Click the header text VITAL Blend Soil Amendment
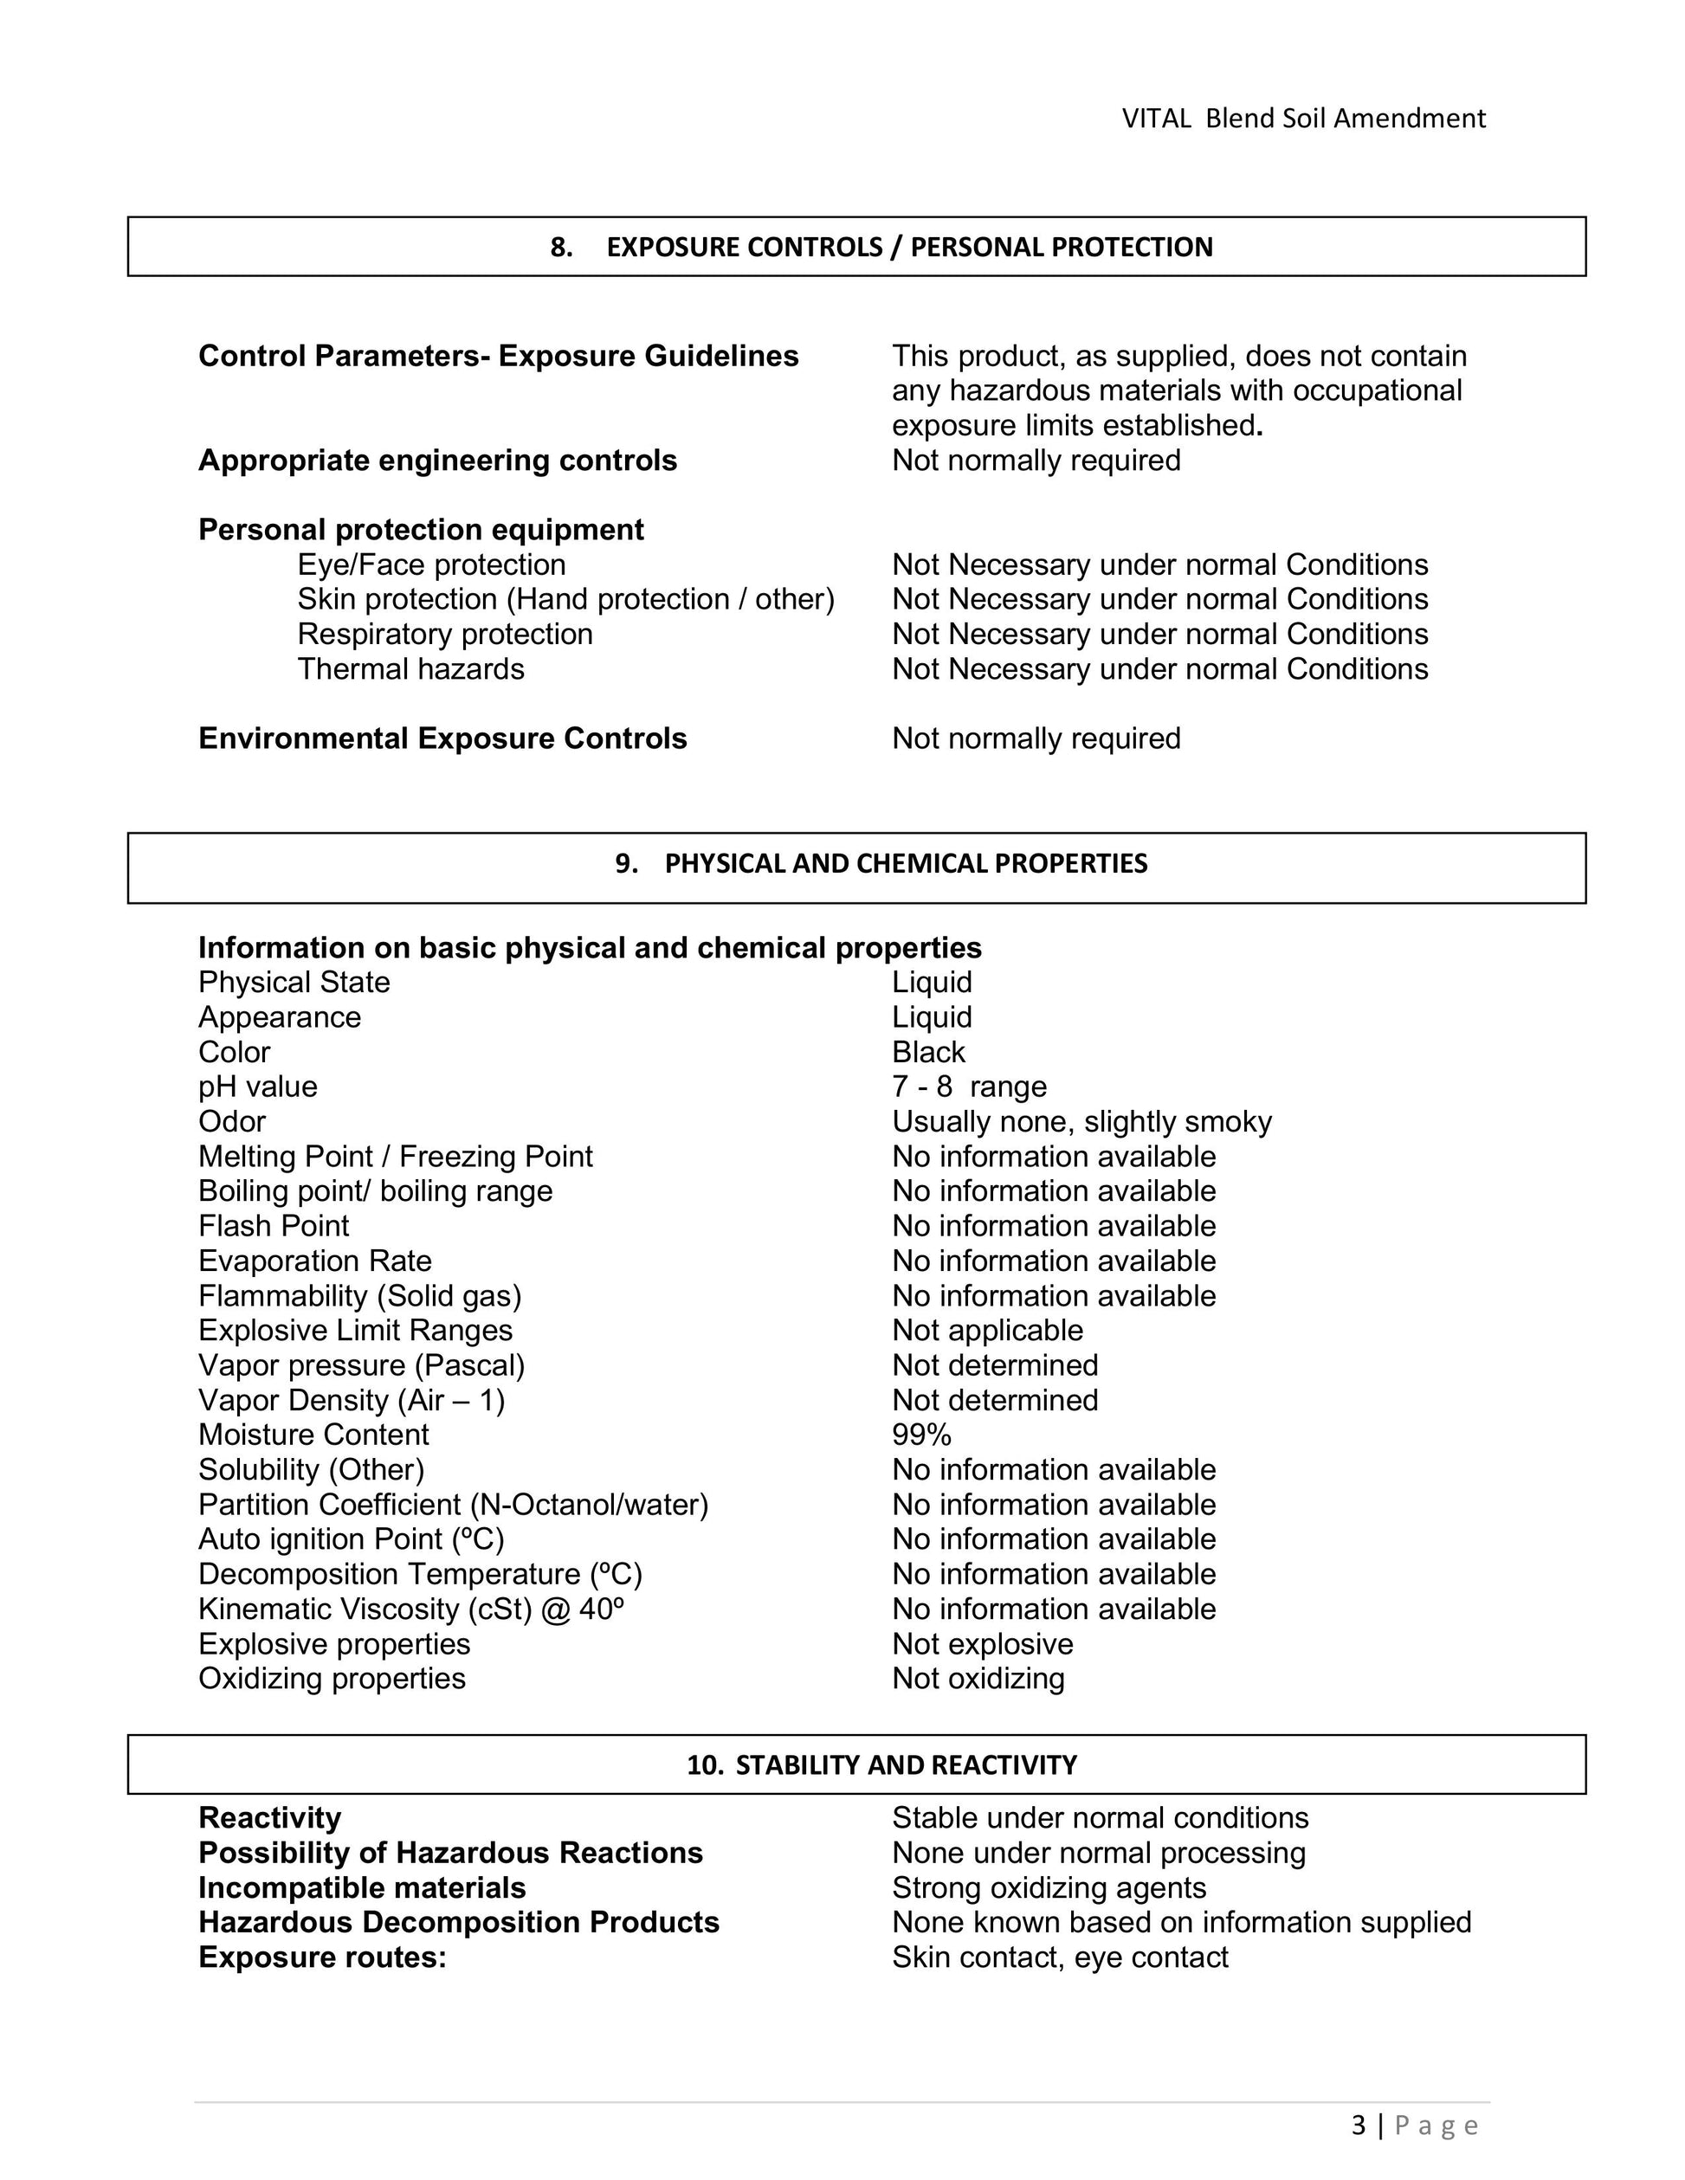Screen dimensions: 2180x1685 (x=1302, y=119)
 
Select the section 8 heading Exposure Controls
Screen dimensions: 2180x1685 (x=881, y=248)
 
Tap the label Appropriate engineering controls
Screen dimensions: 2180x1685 (x=437, y=461)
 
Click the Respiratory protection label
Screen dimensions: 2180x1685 (x=444, y=634)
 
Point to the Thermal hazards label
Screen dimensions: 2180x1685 (x=410, y=668)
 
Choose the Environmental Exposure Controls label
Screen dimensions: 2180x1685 (x=442, y=738)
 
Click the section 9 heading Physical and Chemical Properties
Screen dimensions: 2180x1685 (x=881, y=863)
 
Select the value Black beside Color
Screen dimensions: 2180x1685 (x=928, y=1052)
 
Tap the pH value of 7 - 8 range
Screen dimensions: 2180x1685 (x=968, y=1087)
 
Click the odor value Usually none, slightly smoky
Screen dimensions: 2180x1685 (x=1081, y=1122)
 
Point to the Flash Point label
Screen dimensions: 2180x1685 (x=274, y=1226)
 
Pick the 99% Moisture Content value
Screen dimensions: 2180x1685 (x=921, y=1435)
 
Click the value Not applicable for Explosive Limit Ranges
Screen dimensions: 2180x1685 (x=986, y=1331)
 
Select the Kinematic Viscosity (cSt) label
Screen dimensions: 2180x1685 (x=410, y=1609)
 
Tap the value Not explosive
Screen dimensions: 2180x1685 (x=982, y=1644)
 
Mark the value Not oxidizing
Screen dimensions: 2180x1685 (x=978, y=1679)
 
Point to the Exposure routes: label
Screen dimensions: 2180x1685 (x=321, y=1957)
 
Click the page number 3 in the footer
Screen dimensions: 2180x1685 (x=1359, y=2126)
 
